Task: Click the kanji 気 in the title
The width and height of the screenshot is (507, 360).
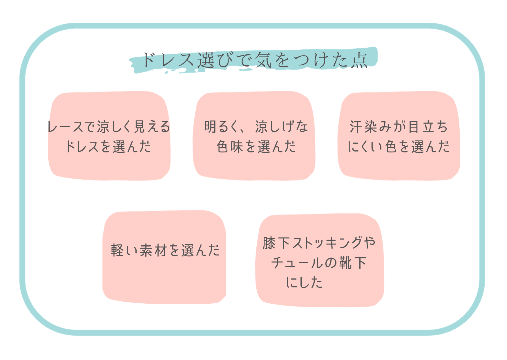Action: [263, 60]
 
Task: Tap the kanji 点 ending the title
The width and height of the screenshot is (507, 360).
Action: [359, 60]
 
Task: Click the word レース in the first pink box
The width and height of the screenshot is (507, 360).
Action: [65, 127]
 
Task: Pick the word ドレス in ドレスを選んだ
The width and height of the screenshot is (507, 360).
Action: [82, 146]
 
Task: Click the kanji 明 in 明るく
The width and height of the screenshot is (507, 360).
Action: [211, 127]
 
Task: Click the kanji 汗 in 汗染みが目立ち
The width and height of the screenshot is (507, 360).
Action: [356, 127]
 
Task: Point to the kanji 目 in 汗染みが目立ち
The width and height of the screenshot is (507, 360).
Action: [413, 127]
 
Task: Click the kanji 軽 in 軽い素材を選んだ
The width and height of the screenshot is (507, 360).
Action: [117, 250]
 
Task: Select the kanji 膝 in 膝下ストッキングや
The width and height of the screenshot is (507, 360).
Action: [269, 243]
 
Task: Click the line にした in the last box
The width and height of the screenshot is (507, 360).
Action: [304, 282]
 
